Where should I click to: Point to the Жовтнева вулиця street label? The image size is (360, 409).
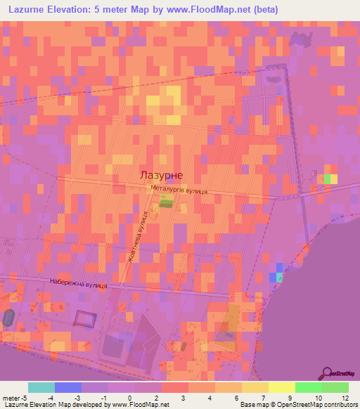136,237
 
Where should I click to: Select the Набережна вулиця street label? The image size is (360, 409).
78,283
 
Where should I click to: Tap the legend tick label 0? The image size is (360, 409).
129,398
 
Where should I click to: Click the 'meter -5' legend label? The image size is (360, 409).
15,398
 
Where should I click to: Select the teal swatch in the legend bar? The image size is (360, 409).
41,387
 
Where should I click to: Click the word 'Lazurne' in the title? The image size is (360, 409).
31,10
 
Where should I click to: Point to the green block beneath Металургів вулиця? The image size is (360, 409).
166,202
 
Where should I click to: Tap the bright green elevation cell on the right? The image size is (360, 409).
327,178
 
